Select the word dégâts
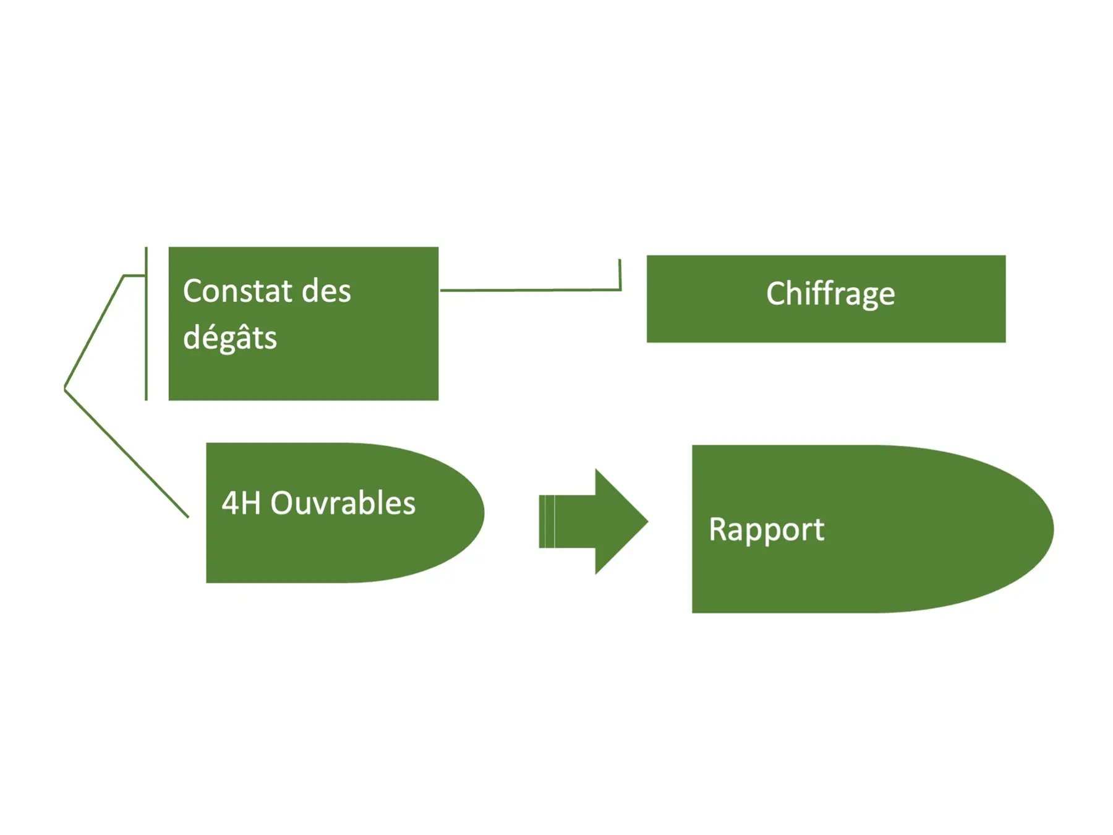(x=229, y=338)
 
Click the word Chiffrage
(x=830, y=294)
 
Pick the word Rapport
(x=766, y=529)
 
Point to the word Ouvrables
(x=343, y=503)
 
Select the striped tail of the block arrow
(x=547, y=521)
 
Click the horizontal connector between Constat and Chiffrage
(x=526, y=289)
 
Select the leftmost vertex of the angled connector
(x=65, y=388)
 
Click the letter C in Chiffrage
(x=776, y=293)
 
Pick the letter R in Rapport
(x=717, y=529)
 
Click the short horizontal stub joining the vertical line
(x=134, y=275)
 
